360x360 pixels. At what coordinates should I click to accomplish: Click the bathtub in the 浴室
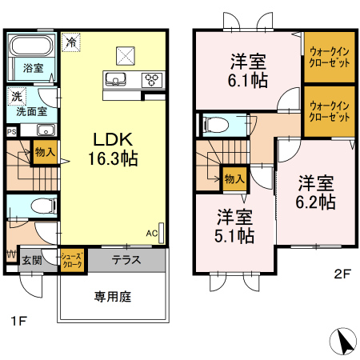31,46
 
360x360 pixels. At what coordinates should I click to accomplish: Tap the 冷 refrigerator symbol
71,42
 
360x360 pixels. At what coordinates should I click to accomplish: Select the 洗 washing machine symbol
17,96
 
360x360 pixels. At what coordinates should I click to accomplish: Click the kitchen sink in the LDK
116,79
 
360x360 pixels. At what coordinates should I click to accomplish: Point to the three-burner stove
152,79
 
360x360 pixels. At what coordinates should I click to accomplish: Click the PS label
11,132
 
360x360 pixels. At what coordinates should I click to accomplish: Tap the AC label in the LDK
151,234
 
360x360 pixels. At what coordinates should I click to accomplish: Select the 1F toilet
44,206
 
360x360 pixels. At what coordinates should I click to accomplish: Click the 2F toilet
216,125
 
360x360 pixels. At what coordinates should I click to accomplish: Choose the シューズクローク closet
72,260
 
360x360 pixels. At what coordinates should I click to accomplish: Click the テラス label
126,260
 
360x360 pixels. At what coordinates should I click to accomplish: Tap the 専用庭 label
113,297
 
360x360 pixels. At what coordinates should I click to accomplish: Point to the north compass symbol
343,342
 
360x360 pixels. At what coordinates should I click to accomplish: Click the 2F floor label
342,274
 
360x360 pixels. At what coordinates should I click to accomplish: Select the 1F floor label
18,321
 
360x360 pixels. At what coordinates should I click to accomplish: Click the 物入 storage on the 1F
45,152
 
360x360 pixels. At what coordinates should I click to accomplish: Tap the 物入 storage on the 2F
234,178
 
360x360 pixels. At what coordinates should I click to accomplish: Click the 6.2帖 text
315,202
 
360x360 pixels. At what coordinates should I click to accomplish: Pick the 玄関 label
32,260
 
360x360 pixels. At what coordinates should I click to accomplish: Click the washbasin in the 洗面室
46,130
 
